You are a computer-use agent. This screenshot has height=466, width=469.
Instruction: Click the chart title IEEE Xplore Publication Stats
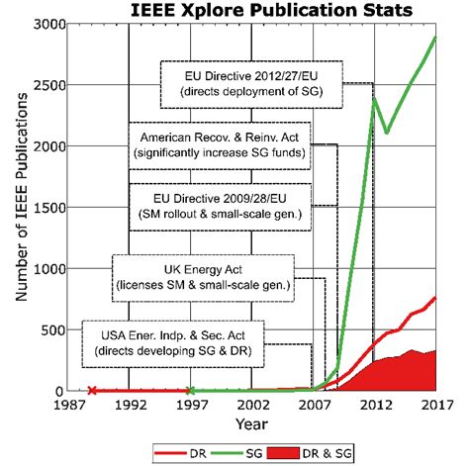point(271,11)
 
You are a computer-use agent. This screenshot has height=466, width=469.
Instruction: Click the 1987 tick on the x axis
point(67,405)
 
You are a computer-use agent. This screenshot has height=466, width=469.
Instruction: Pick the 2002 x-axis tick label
point(252,405)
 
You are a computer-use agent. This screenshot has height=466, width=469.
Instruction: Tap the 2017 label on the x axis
point(437,405)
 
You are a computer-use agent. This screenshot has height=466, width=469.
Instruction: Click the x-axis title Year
point(251,423)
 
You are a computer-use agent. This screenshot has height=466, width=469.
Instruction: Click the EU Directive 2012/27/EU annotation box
point(252,83)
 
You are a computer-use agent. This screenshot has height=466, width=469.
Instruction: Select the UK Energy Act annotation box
point(205,278)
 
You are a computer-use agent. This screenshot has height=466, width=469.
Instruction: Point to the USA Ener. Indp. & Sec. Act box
point(165,342)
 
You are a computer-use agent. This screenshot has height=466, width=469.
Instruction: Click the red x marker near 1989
point(92,391)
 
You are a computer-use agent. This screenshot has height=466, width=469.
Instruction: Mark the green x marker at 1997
point(191,391)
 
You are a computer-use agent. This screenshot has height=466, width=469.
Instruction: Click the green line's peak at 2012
point(374,97)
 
